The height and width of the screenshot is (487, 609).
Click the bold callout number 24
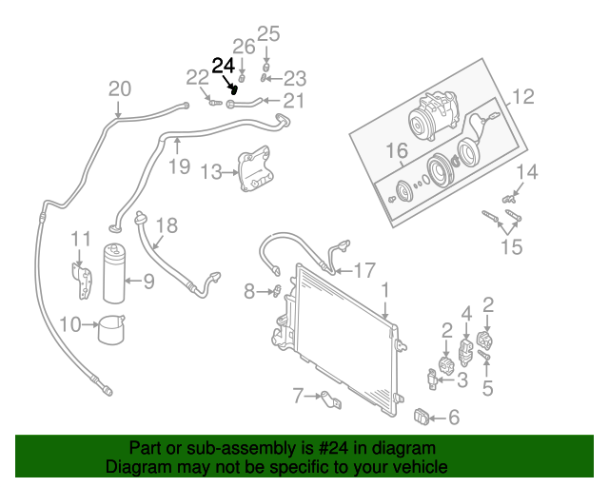223,66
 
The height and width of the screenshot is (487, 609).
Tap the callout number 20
119,89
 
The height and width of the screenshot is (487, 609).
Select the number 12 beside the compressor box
523,97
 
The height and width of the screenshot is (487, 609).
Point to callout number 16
397,149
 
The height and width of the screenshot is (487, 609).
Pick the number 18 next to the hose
167,225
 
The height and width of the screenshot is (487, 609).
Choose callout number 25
268,34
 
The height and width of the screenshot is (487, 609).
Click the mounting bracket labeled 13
254,168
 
